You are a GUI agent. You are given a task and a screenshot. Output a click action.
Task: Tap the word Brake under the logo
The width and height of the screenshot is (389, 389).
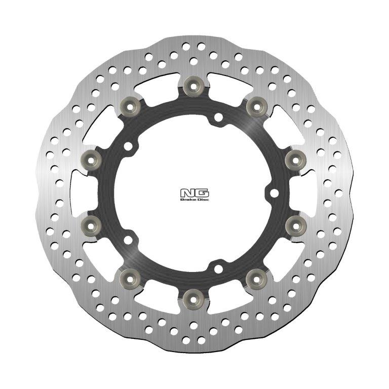(x=189, y=199)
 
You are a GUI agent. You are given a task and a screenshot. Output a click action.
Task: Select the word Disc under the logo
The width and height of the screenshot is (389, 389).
(x=201, y=199)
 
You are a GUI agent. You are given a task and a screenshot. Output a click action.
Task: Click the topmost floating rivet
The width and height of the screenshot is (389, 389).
(x=193, y=86)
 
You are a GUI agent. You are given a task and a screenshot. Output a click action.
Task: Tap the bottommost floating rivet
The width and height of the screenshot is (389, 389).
(x=193, y=297)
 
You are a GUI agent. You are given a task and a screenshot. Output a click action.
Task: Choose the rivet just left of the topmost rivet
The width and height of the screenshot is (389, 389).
(x=130, y=105)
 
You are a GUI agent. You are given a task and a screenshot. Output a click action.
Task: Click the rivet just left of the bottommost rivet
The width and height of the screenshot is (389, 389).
(x=130, y=277)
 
